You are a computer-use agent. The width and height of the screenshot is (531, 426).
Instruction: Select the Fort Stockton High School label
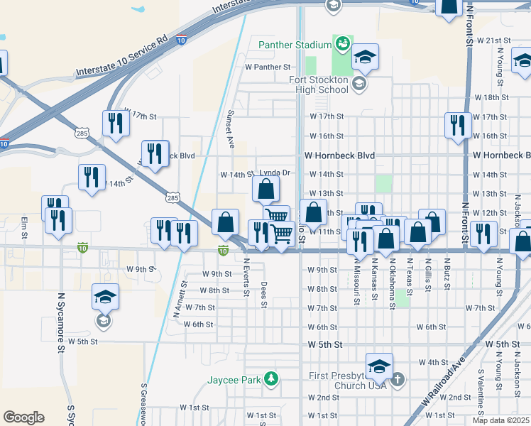(x=319, y=84)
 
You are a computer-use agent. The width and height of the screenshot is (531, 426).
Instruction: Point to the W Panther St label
(x=268, y=67)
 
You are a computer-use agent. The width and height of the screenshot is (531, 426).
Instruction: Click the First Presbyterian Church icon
(x=397, y=379)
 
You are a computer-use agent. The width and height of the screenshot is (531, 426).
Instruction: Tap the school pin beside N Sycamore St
(x=105, y=298)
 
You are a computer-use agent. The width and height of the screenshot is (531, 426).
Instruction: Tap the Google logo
(x=23, y=417)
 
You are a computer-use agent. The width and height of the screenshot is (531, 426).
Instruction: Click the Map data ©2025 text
(x=500, y=420)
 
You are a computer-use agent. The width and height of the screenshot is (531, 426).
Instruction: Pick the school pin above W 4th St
(x=379, y=366)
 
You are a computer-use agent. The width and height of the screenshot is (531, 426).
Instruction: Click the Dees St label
(x=263, y=294)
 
